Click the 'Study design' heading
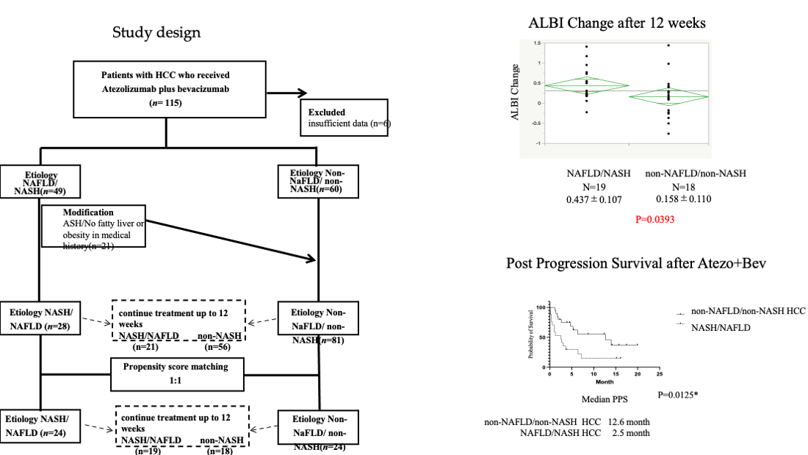[x=156, y=33]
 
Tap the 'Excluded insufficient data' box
[x=345, y=117]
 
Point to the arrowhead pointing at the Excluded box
[x=301, y=93]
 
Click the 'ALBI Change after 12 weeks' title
[x=617, y=24]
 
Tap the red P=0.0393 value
[x=654, y=219]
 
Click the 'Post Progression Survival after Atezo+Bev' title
[x=636, y=264]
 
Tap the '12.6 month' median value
[x=628, y=422]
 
